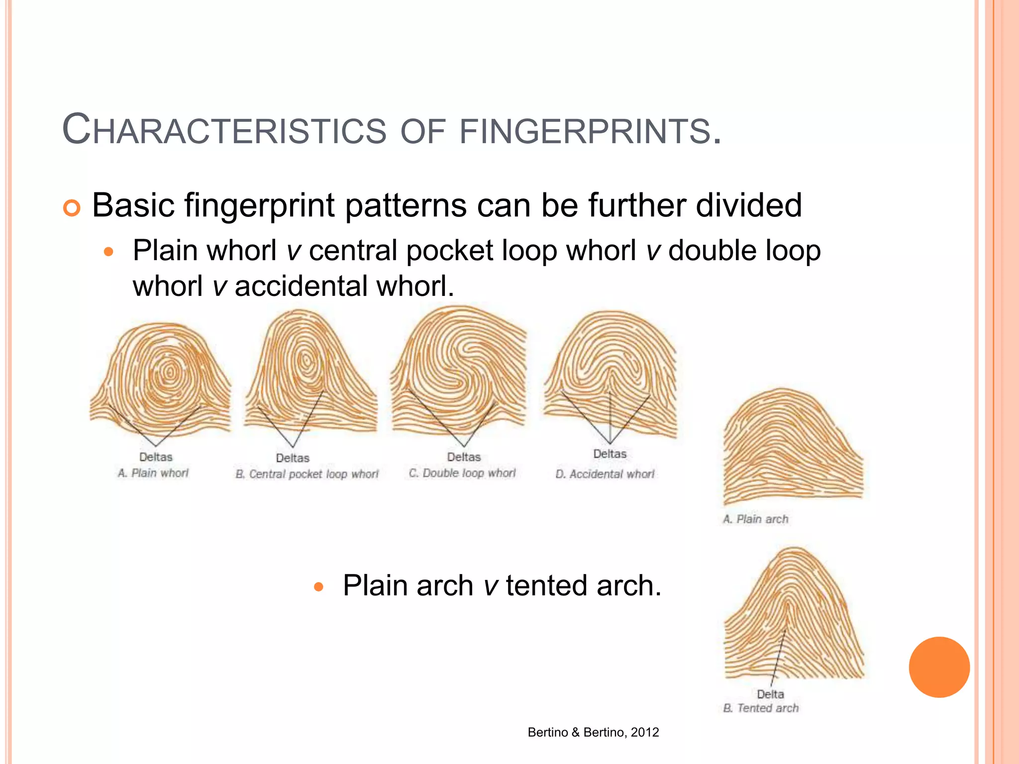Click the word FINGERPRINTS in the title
tap(590, 131)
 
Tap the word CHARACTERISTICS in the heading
tap(224, 131)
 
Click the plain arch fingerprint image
tap(792, 445)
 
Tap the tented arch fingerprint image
tap(794, 614)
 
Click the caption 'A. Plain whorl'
tap(153, 473)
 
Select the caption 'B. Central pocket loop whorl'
tap(307, 474)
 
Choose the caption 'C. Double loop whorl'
tap(462, 473)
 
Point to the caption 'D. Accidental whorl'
tap(605, 474)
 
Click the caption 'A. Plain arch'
tap(755, 519)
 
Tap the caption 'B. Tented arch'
tap(761, 708)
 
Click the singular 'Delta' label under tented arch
tap(770, 694)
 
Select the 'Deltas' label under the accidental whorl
tap(610, 454)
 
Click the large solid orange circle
tap(939, 667)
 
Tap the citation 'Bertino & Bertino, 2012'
tap(593, 732)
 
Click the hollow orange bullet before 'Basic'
tap(72, 208)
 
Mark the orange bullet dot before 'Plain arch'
tap(319, 587)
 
